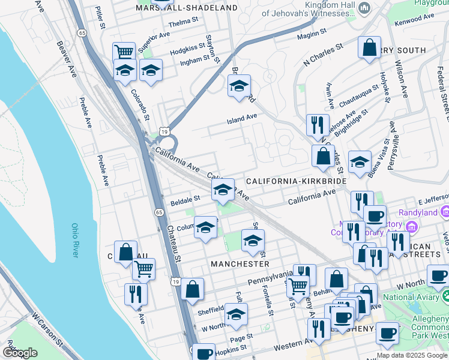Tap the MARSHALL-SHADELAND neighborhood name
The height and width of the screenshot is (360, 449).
coord(187,8)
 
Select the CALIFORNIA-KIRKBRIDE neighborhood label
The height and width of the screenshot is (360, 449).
coord(296,181)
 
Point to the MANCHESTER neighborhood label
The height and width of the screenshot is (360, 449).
coord(240,263)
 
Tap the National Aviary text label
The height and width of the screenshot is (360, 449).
coord(411,296)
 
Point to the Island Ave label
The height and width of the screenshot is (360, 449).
coord(241,119)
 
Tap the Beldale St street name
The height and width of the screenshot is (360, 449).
coord(185,198)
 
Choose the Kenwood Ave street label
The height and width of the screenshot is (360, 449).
coord(413,22)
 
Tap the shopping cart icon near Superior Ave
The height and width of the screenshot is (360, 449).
coord(124,51)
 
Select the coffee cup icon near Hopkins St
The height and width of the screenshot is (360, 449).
coord(203,352)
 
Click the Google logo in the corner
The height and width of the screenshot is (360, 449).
coord(20,352)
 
